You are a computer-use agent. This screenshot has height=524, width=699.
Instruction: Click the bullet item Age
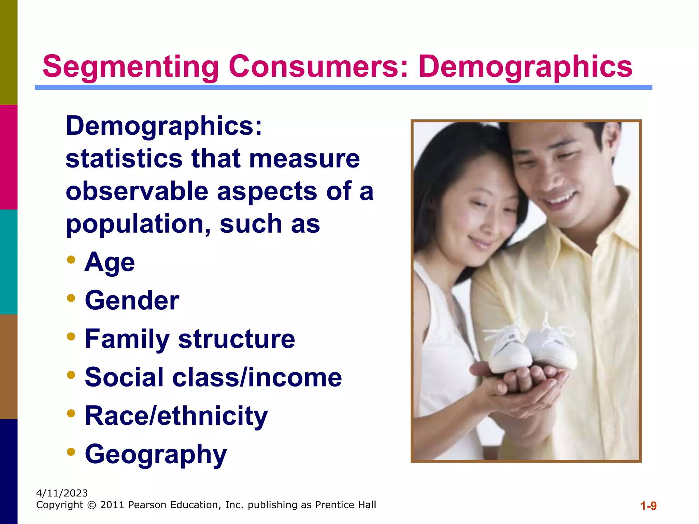pyautogui.click(x=110, y=262)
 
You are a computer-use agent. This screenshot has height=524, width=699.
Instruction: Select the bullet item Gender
pyautogui.click(x=132, y=301)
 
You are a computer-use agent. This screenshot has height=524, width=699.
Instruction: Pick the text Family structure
pyautogui.click(x=190, y=339)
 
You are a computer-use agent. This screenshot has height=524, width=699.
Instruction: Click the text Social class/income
pyautogui.click(x=213, y=377)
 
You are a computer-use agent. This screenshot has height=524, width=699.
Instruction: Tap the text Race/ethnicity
pyautogui.click(x=176, y=416)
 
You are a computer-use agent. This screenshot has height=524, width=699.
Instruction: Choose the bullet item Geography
pyautogui.click(x=156, y=454)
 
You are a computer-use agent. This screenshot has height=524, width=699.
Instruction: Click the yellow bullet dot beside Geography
pyautogui.click(x=71, y=452)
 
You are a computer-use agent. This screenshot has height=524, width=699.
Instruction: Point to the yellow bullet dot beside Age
pyautogui.click(x=71, y=260)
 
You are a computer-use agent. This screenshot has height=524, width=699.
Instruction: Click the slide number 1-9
pyautogui.click(x=648, y=506)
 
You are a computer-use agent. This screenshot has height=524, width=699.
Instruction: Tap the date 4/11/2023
pyautogui.click(x=62, y=493)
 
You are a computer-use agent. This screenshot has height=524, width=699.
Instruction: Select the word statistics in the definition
pyautogui.click(x=124, y=159)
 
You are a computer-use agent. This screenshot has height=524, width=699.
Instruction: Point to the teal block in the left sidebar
pyautogui.click(x=9, y=262)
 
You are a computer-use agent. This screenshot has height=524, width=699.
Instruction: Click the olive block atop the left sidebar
pyautogui.click(x=9, y=52)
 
